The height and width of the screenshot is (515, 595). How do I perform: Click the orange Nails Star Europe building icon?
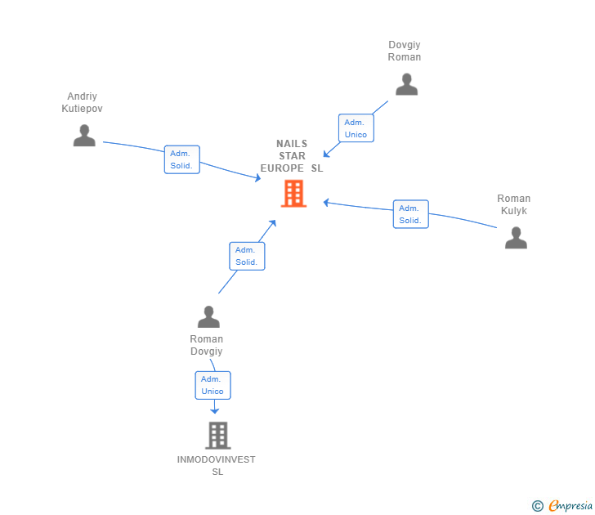293,194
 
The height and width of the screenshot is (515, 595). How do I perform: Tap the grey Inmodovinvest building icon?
217,436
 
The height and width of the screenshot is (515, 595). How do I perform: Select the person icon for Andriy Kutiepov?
84,136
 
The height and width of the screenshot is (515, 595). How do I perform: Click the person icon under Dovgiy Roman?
406,84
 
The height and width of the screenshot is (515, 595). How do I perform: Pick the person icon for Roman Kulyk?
516,238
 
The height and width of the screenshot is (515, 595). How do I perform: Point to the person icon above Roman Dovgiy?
208,316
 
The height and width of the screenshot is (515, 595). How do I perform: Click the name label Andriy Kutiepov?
84,102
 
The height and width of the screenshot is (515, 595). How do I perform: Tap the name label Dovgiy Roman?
405,51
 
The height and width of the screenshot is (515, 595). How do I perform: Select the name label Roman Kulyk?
514,204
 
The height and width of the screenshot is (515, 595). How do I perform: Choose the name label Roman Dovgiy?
207,345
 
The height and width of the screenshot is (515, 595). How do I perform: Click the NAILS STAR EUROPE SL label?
292,155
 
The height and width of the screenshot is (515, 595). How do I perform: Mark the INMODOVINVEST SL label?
217,465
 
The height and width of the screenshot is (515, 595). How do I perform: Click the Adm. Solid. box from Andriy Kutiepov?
181,159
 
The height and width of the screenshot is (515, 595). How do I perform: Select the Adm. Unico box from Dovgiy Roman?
356,128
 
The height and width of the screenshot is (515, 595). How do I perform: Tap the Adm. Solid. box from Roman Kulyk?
410,214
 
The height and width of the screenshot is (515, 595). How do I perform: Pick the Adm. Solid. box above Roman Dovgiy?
247,256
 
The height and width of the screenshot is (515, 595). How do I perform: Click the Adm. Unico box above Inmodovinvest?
212,385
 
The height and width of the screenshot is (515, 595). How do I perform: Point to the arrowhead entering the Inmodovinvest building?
215,411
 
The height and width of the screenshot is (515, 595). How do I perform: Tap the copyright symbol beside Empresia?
538,506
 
